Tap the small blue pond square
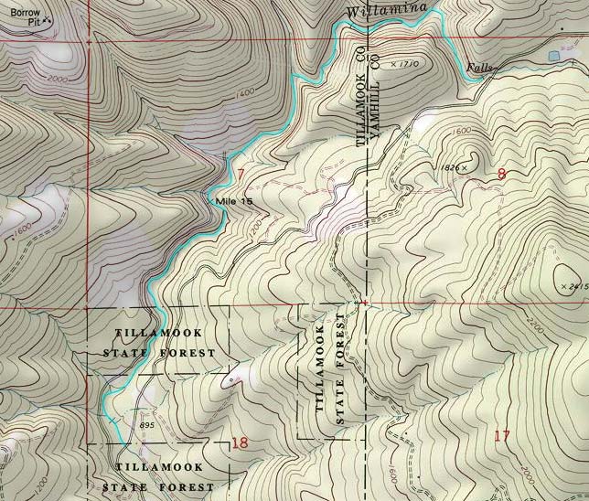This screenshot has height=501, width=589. tap(554, 57)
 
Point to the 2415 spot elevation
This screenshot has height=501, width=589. tap(577, 287)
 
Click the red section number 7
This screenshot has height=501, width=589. tap(240, 174)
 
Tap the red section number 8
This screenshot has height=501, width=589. tap(501, 174)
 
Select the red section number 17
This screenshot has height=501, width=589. tap(501, 435)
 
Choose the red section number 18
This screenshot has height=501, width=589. tap(240, 443)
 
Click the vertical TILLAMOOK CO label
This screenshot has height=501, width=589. tap(360, 98)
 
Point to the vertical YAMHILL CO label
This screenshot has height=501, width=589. tap(373, 102)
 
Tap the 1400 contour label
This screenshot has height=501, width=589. tap(242, 92)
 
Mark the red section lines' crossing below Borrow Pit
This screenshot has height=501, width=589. tap(88, 42)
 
